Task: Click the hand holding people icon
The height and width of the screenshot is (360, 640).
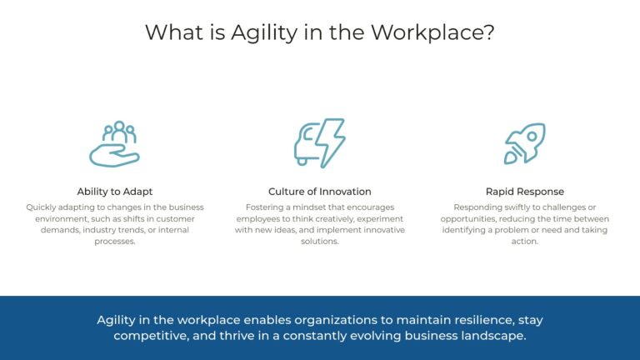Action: [x=114, y=143]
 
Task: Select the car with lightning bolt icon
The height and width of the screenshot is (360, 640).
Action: [x=319, y=143]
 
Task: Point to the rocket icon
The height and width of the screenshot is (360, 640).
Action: [x=525, y=143]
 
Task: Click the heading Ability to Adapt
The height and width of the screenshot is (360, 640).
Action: [x=115, y=192]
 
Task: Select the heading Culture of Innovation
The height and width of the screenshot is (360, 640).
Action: [x=320, y=192]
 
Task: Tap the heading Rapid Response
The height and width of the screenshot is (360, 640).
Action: [x=525, y=192]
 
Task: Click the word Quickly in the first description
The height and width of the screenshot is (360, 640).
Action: [x=42, y=207]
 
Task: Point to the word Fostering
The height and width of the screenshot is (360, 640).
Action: [x=265, y=207]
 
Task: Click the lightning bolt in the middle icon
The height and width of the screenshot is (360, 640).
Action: [x=332, y=142]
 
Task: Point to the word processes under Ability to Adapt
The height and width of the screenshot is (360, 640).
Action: [x=115, y=242]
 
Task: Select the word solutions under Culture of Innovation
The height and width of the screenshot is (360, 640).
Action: [x=320, y=242]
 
